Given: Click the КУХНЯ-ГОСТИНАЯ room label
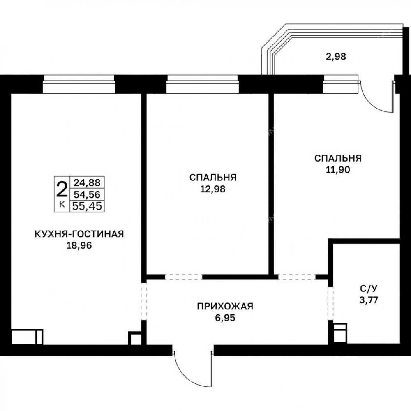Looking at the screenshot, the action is point(79,234).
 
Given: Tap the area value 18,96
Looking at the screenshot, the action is point(79,246).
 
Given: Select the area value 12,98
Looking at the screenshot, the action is point(213,189).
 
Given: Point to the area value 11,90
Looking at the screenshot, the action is point(338,170).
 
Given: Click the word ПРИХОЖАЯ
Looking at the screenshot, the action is point(225,306).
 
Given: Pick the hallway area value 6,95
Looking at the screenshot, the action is point(225,318).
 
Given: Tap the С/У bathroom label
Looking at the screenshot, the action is point(369,289).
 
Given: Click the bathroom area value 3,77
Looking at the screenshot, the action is point(369,300).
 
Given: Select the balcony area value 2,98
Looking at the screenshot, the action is point(336,56).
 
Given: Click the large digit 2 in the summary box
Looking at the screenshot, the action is point(62,189).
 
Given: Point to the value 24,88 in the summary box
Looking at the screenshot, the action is point(87,182).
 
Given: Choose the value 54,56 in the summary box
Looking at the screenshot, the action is point(87,194).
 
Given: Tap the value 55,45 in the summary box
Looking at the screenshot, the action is point(87,206).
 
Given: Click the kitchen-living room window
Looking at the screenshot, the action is point(79,84).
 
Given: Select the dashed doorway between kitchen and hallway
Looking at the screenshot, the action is point(143,301).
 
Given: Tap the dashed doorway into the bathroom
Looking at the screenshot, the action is point(330,303).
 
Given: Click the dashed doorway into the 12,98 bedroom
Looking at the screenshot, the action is point(183,277).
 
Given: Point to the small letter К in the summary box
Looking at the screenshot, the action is point(62,204).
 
